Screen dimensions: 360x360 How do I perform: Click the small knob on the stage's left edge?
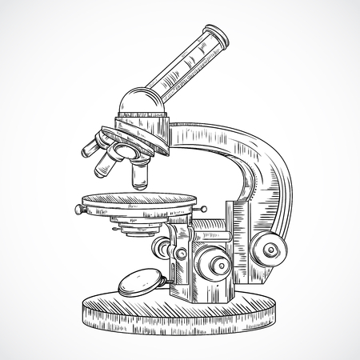(79, 210)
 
